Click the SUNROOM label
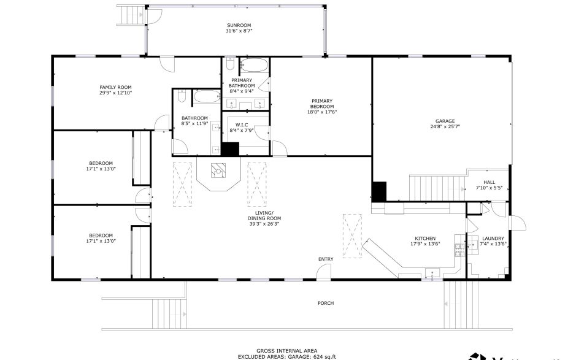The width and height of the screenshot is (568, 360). (x=239, y=26)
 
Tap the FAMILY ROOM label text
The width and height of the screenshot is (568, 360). (x=116, y=87)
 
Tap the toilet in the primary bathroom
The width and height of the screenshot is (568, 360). (x=229, y=64)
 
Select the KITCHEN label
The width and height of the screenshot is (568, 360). (x=425, y=238)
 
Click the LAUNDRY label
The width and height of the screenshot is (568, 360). (x=493, y=239)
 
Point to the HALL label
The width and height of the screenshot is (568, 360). (x=489, y=182)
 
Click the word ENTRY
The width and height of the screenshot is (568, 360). (x=326, y=259)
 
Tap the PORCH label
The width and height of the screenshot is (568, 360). (x=326, y=303)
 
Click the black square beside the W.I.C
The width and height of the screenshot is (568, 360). (x=230, y=149)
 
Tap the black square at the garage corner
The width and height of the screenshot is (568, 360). (x=379, y=191)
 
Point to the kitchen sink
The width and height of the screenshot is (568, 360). (x=434, y=272)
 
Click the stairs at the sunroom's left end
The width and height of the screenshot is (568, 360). (x=130, y=13)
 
